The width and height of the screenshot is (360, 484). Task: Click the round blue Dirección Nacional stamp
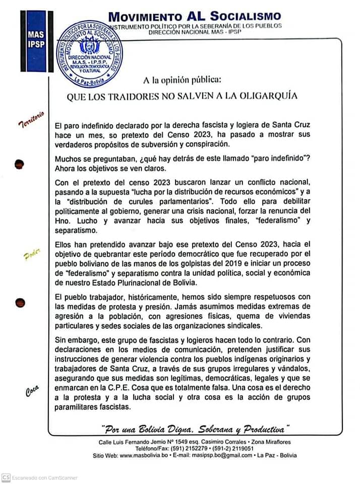90,54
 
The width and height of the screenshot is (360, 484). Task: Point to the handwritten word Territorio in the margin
31,118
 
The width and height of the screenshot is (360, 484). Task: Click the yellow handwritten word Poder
31,255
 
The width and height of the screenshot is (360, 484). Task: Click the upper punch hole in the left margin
20,164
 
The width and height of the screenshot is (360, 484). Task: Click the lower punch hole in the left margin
20,302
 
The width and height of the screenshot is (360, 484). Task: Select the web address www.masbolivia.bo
150,455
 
